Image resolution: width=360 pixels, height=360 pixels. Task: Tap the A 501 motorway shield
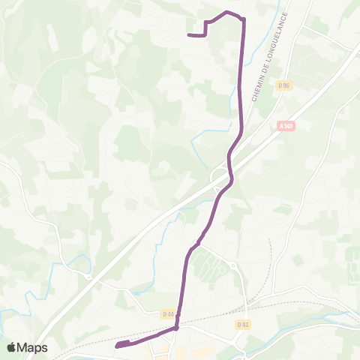click(x=286, y=126)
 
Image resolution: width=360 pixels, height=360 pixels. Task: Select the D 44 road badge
click(x=167, y=314)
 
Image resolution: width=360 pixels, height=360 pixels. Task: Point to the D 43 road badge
click(x=241, y=324)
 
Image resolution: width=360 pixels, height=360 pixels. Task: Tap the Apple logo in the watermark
click(x=12, y=347)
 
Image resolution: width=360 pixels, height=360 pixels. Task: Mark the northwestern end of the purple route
click(x=187, y=34)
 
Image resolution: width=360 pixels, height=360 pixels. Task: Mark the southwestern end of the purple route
click(x=118, y=346)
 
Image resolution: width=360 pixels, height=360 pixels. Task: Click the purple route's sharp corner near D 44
click(x=176, y=328)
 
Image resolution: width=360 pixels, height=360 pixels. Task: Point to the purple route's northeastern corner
click(x=243, y=19)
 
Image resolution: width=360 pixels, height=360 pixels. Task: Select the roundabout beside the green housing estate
click(x=233, y=265)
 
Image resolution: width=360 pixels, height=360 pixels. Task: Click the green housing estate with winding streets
click(x=213, y=266)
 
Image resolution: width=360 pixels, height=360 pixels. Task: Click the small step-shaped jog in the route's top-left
click(x=205, y=28)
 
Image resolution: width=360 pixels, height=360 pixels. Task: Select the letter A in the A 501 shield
click(x=281, y=126)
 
